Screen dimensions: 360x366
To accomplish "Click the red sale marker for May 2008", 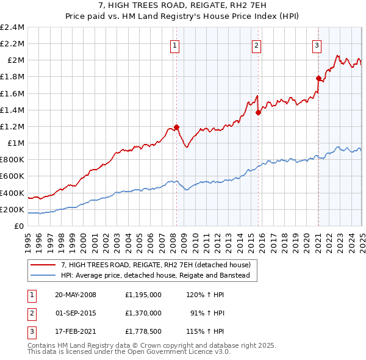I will click(176, 127).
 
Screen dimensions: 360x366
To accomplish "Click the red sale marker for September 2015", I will click(258, 112).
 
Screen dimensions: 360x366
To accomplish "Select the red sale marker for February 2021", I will click(318, 78).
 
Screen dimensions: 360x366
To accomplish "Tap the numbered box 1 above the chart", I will click(175, 45).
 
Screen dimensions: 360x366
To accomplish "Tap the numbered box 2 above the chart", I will click(257, 45).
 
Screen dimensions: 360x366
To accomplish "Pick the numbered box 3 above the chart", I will click(317, 45).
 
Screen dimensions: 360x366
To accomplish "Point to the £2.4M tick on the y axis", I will click(12, 27).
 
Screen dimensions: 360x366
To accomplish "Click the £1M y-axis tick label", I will click(16, 143).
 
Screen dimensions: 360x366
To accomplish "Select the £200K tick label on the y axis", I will click(12, 209).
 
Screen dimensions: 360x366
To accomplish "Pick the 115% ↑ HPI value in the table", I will click(207, 332).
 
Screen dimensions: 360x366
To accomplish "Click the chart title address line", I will click(182, 6).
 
